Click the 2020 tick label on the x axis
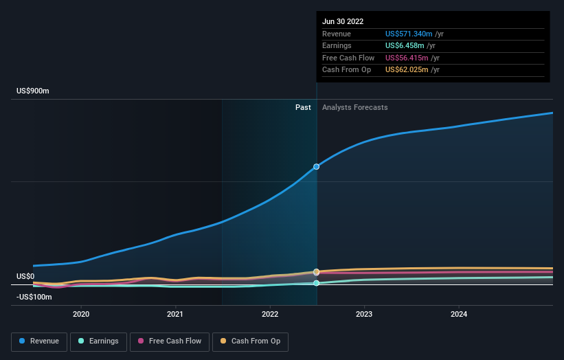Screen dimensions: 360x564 pos(81,314)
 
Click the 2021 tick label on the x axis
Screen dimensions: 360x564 pos(175,314)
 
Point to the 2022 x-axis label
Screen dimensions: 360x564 pos(270,314)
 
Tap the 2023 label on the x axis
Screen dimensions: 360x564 pos(364,314)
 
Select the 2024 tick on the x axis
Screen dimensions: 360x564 pos(459,314)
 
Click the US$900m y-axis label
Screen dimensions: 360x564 pos(33,91)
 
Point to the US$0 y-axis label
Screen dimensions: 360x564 pos(25,276)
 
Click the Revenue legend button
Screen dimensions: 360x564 pos(40,341)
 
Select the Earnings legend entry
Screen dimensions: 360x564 pos(98,341)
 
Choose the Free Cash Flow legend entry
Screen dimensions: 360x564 pos(170,341)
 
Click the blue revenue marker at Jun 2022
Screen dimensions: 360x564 pos(317,167)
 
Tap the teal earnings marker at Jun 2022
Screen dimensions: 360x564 pos(317,283)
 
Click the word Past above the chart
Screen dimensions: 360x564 pos(303,107)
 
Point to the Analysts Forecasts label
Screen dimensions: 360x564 pos(354,107)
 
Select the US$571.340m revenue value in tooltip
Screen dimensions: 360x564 pos(409,34)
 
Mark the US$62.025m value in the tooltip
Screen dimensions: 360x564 pos(406,69)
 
